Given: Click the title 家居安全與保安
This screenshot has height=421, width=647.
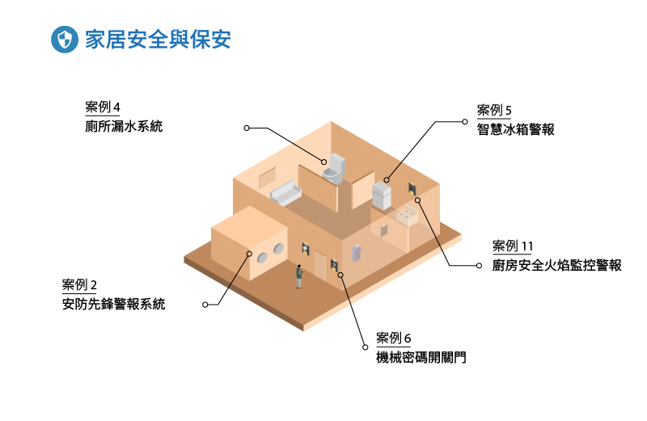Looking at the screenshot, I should [x=158, y=40].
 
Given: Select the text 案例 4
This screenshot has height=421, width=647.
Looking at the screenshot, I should [x=102, y=107].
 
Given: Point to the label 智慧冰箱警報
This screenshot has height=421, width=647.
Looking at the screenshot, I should [x=515, y=129].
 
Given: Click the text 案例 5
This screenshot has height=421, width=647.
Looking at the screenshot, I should [x=494, y=111].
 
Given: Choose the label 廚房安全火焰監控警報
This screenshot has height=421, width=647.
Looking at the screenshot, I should [x=556, y=265].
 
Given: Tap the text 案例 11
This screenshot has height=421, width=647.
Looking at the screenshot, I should [x=513, y=246].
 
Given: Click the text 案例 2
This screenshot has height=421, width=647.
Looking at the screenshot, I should [x=79, y=285].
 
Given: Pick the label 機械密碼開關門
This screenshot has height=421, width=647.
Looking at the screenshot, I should [x=421, y=357].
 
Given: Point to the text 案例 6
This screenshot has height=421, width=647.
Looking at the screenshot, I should [x=394, y=338].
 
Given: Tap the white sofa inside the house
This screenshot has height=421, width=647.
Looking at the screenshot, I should [x=285, y=192].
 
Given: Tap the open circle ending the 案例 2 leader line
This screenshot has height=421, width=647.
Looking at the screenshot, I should [x=205, y=305].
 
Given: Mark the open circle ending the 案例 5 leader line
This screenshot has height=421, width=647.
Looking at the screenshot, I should [x=464, y=122].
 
